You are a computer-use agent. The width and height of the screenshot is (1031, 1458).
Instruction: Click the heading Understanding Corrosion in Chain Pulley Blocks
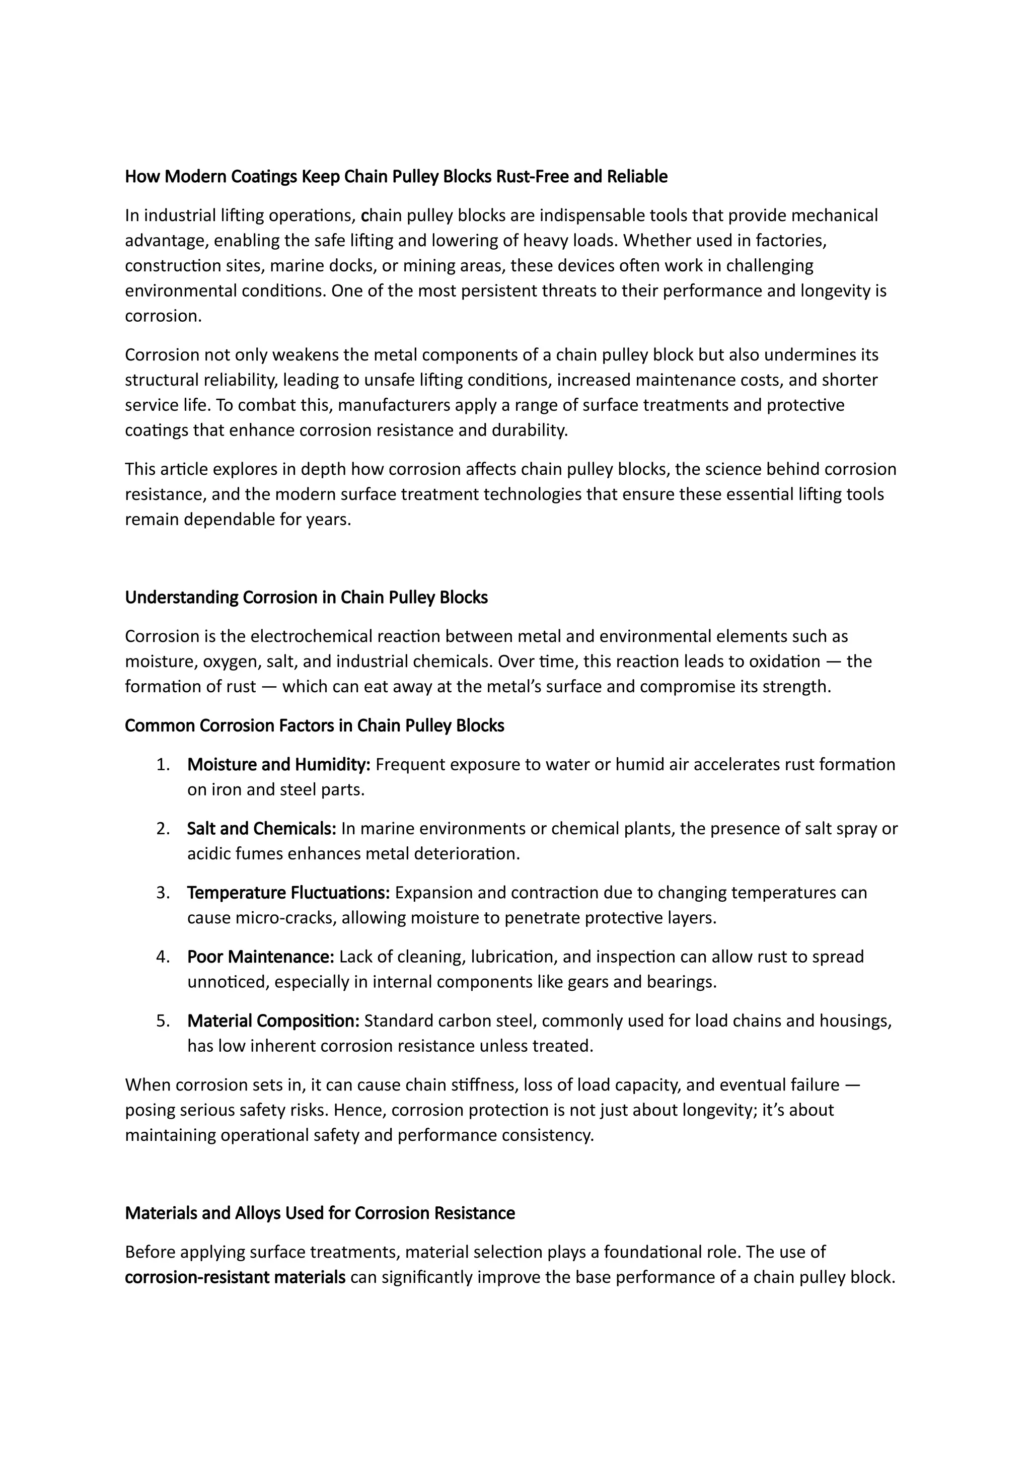pyautogui.click(x=306, y=598)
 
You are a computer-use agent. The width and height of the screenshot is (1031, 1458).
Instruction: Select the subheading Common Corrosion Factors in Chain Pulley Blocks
pyautogui.click(x=314, y=726)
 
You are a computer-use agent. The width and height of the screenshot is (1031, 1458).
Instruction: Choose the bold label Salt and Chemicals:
pyautogui.click(x=262, y=829)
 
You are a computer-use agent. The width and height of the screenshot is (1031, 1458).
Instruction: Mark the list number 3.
pyautogui.click(x=163, y=893)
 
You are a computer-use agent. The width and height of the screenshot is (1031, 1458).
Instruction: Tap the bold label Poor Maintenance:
pyautogui.click(x=260, y=957)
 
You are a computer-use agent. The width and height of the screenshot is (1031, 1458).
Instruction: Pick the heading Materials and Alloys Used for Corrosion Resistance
pyautogui.click(x=320, y=1213)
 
